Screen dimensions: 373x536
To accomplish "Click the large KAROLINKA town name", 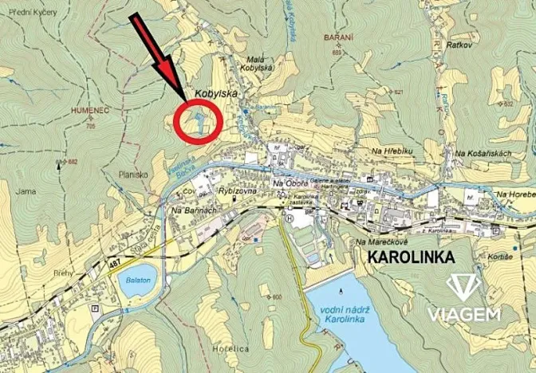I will (x=411, y=257).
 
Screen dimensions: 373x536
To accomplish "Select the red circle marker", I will (x=197, y=122).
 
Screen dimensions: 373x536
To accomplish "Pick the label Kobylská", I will (x=218, y=92).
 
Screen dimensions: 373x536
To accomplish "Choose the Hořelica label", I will (x=233, y=348).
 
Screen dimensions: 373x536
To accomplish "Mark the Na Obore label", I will (x=290, y=184).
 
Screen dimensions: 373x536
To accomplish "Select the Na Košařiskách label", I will (x=482, y=152).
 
